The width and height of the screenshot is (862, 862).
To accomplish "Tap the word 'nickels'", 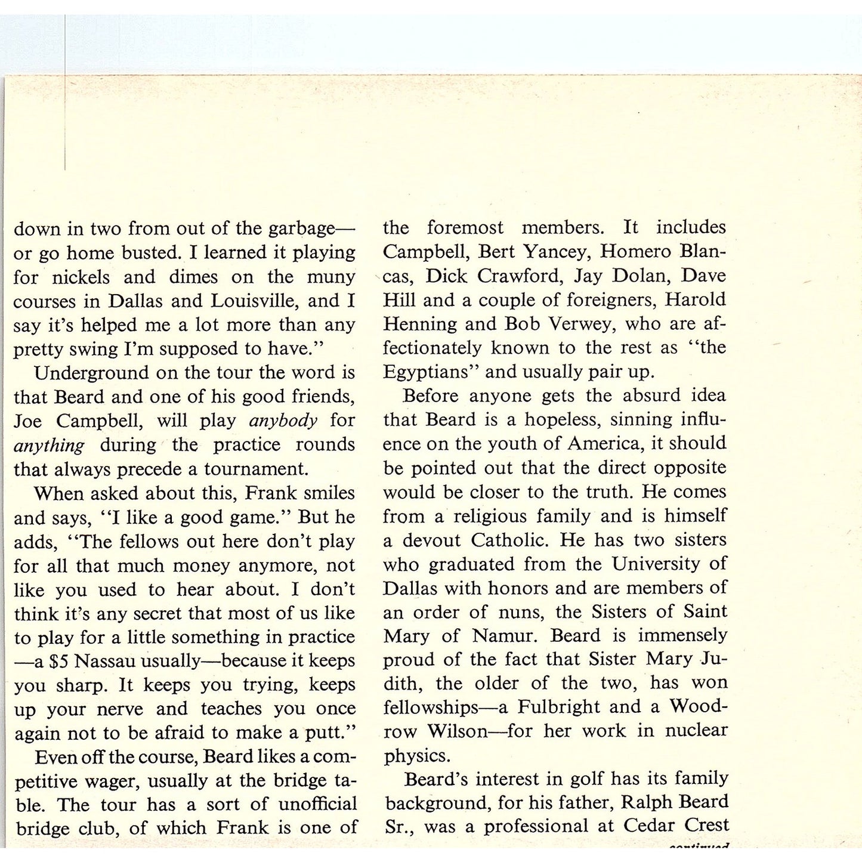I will tap(81, 277).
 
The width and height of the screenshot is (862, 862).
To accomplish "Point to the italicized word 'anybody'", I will tap(283, 421).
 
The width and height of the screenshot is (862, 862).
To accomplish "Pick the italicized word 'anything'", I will tap(49, 446).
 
